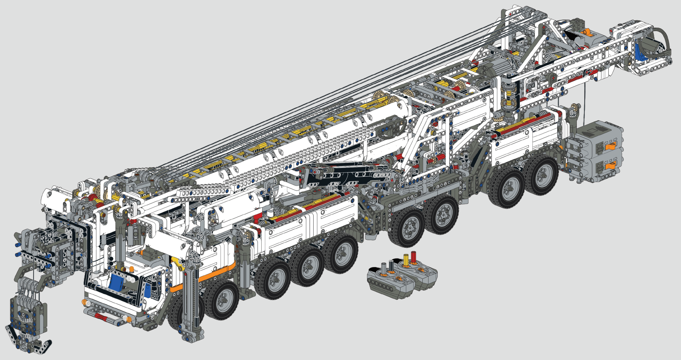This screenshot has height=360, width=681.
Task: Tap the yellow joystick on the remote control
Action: click(405, 260)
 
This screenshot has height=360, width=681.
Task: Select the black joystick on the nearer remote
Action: click(391, 265)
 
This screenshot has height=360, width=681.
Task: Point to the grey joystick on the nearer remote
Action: click(383, 268)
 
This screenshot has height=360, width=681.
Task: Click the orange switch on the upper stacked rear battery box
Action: click(610, 146)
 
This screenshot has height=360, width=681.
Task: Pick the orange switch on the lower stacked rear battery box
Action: click(610, 166)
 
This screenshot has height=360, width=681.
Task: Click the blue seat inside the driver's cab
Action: click(116, 282)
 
